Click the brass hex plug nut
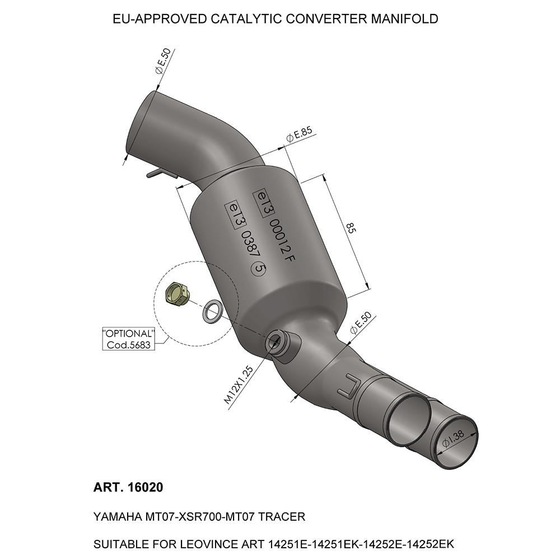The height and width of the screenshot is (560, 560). pos(178,293)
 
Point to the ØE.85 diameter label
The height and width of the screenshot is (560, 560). pos(300,134)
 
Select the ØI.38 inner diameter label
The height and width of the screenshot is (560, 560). pos(453,439)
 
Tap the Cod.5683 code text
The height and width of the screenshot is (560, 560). pos(129,345)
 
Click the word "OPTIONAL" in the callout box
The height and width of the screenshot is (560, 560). pos(129,334)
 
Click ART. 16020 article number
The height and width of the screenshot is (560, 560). pos(128,487)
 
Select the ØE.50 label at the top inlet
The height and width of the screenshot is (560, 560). pos(164,61)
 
